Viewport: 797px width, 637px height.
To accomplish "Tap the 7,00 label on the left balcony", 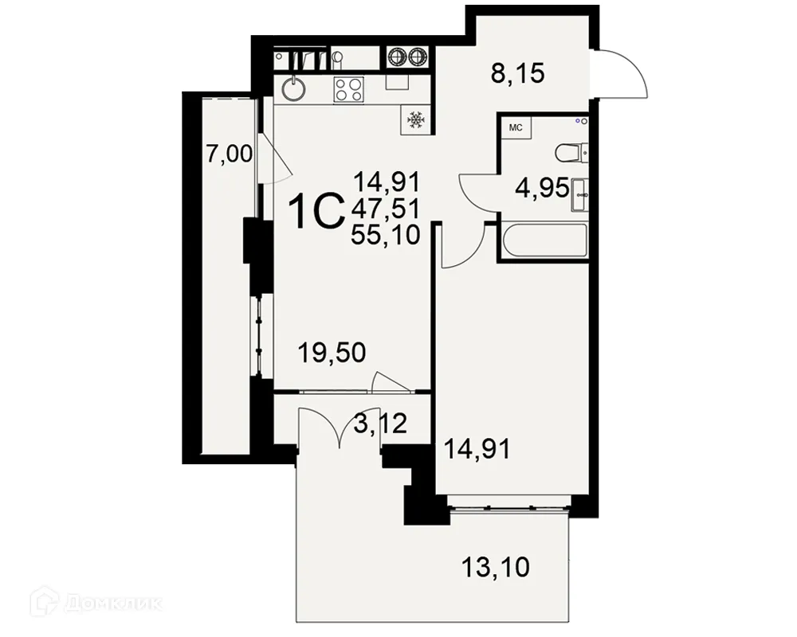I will (x=229, y=154).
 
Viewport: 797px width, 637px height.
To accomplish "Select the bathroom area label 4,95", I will (x=543, y=189).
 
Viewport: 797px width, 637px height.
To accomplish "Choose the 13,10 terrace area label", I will (x=496, y=568).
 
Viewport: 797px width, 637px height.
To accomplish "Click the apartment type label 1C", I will (x=315, y=211).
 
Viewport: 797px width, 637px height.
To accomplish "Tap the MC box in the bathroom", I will (x=515, y=127).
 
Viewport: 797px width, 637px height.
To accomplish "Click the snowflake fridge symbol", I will (x=415, y=120).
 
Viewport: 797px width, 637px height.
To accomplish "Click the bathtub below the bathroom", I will (x=543, y=240).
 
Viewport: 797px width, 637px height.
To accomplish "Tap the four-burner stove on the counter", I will (x=348, y=88).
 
